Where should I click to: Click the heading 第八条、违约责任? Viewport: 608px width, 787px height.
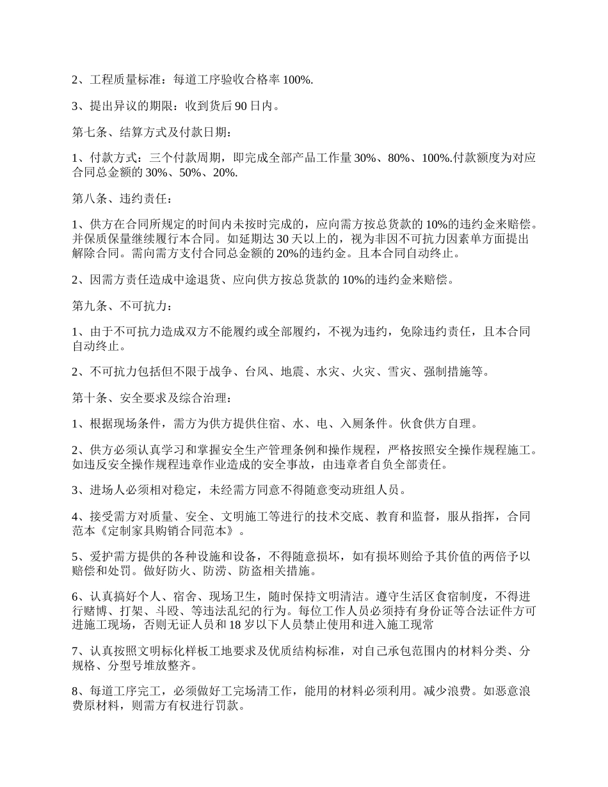pyautogui.click(x=121, y=199)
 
